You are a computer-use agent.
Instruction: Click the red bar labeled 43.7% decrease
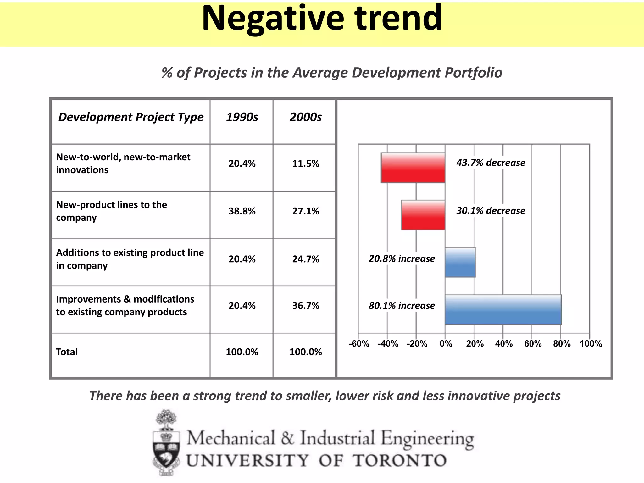coord(413,168)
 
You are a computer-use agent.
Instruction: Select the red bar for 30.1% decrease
coord(423,215)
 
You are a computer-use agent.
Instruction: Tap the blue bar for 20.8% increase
coord(460,262)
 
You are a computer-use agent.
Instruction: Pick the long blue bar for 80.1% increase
coord(503,309)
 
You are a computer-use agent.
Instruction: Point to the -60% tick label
coord(359,344)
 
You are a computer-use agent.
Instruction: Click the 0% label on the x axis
coord(446,344)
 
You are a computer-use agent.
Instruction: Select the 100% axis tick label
coord(591,344)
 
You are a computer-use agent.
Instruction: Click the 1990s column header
coord(242,117)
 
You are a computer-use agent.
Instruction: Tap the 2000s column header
coord(305,117)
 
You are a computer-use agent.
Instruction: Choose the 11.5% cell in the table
coord(305,164)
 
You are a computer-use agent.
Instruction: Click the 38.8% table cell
coord(242,211)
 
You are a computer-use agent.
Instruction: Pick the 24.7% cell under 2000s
coord(305,259)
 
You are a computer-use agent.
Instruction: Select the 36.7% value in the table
coord(305,306)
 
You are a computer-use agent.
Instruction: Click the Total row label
coord(67,352)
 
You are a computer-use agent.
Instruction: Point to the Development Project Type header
coord(131,117)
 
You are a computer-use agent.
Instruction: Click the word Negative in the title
coord(273,19)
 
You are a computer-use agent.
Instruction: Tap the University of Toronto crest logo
coord(166,443)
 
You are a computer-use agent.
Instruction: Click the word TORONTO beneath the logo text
coord(399,461)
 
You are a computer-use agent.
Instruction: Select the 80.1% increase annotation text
coord(402,306)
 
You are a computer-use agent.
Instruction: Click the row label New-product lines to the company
coord(111,211)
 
